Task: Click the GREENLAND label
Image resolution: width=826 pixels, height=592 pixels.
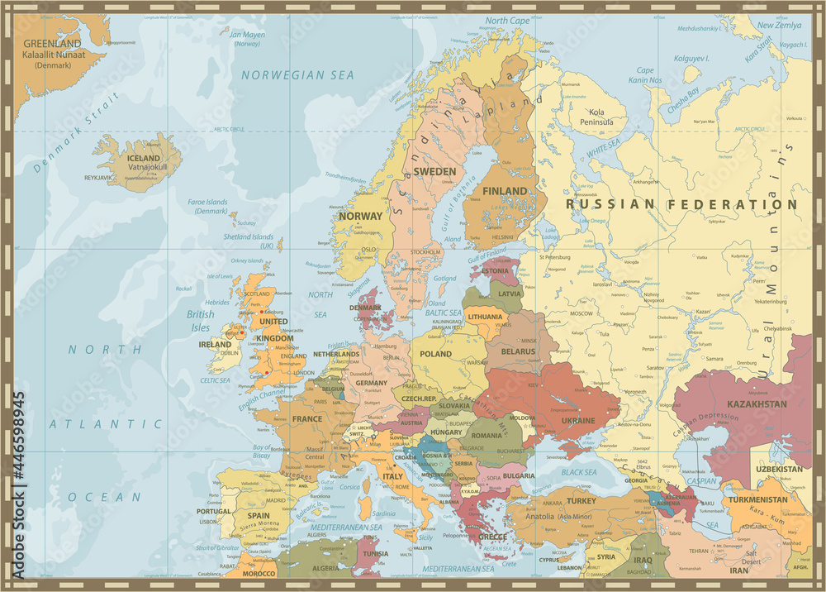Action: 52,44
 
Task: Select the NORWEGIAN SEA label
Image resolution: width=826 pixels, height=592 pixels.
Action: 297,75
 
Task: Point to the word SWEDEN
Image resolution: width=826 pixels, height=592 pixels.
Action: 434,171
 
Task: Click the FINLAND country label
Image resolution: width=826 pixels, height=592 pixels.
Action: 504,191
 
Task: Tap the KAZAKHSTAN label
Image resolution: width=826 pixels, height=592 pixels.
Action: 756,404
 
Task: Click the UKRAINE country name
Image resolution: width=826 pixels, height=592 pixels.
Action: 578,421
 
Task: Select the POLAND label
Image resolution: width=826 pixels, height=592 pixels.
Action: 435,354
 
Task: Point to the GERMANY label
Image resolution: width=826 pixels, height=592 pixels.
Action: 371,384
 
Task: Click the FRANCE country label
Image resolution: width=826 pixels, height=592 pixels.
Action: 306,419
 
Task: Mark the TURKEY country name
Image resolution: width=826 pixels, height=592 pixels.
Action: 582,501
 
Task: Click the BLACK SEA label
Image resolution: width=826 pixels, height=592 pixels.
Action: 579,472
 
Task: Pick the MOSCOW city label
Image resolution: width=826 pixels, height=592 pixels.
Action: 582,314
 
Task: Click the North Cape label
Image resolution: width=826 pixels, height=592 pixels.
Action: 507,21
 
